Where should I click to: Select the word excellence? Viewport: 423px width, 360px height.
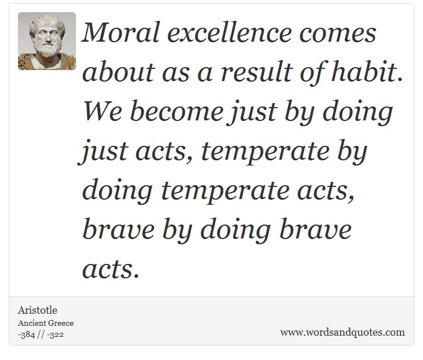click(229, 32)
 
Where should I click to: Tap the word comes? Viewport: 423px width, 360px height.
click(338, 35)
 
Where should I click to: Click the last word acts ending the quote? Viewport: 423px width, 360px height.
click(111, 269)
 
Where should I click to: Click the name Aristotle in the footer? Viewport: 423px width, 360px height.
click(38, 310)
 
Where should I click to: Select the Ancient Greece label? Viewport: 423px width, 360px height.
click(46, 323)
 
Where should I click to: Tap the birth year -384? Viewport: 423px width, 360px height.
click(27, 335)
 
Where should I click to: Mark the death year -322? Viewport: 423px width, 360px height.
click(55, 335)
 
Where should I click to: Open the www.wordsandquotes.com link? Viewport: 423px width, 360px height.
click(342, 332)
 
